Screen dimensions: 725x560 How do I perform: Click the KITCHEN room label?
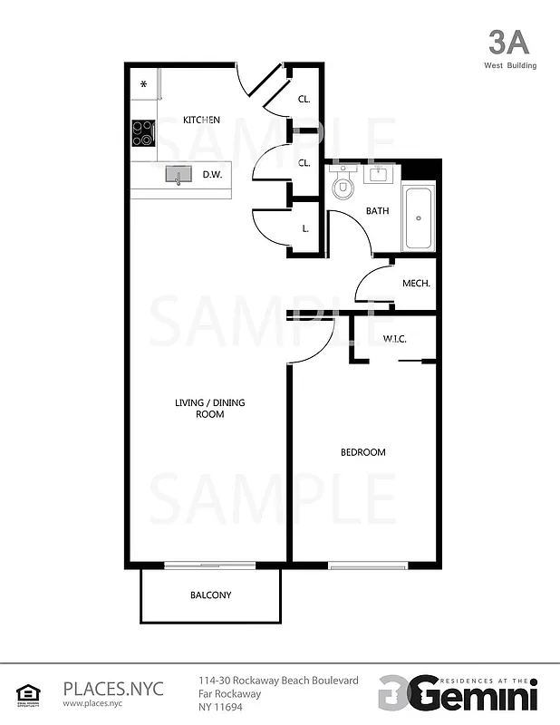(201, 120)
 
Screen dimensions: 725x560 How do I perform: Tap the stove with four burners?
(143, 133)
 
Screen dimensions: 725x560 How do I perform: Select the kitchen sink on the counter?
(179, 174)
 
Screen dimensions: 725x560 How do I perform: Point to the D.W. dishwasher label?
(212, 174)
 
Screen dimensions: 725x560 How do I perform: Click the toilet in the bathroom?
(343, 187)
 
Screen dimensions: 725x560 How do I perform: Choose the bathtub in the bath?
(419, 217)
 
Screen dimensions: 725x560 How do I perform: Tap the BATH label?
(377, 211)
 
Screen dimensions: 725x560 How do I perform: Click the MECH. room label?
(416, 284)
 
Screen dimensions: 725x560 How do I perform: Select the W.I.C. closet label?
(394, 340)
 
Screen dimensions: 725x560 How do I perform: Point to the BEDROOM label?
(362, 452)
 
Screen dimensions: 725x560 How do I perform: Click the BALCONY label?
(210, 595)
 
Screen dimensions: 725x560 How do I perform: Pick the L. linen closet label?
(305, 228)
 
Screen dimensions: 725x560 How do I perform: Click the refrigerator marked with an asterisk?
(143, 84)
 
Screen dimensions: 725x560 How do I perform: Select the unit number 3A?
(507, 43)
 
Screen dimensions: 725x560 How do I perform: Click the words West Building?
(509, 65)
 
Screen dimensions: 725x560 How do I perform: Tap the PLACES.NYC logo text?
(112, 688)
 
